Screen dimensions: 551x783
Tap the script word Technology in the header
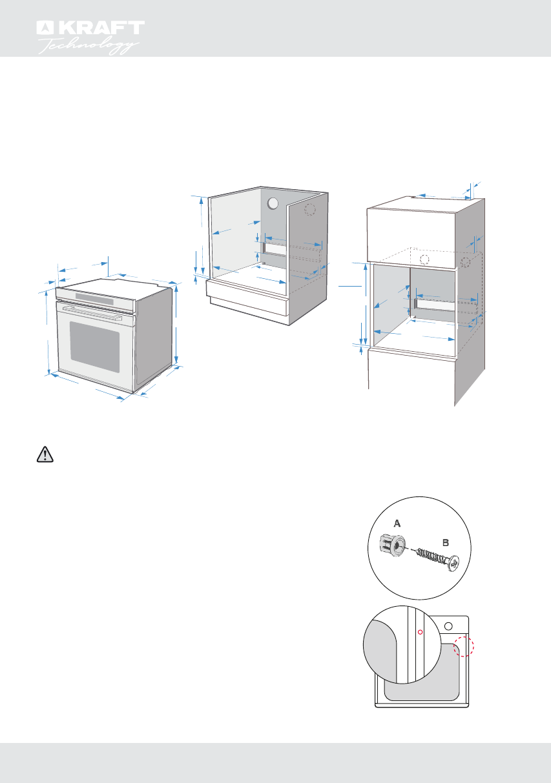[x=89, y=45]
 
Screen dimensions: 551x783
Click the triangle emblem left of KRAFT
[x=43, y=28]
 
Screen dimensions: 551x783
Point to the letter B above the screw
[x=446, y=543]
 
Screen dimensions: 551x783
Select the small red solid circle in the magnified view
[x=419, y=632]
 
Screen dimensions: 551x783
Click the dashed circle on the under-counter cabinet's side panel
[x=310, y=210]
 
